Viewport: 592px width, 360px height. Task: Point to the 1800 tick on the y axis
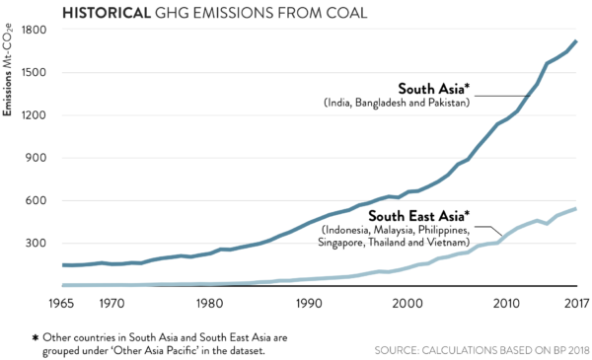point(35,30)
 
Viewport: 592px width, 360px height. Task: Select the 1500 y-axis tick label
point(35,73)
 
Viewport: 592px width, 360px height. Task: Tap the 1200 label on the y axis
point(35,115)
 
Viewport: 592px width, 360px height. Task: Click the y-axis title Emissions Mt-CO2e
point(9,75)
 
